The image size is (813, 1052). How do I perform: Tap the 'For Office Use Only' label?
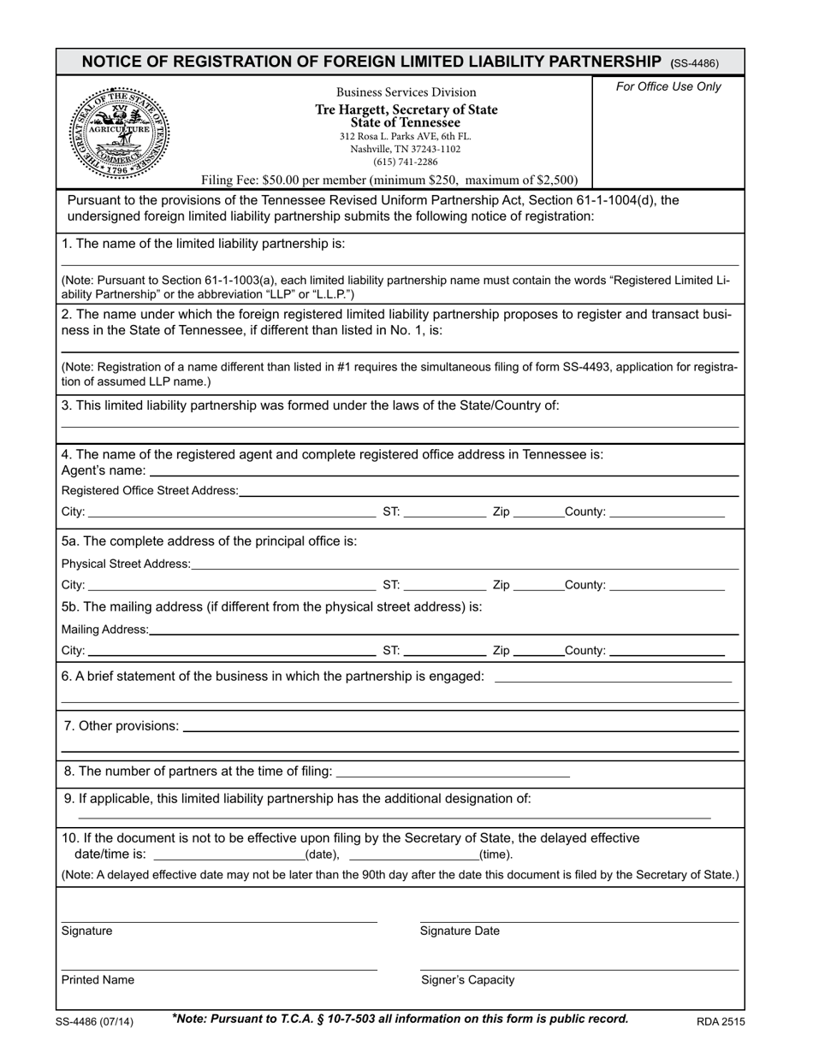coord(668,86)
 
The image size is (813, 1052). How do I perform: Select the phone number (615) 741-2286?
coord(405,162)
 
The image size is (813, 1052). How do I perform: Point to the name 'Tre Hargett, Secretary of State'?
coord(406,109)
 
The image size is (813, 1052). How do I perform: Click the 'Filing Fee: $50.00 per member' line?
coord(389,180)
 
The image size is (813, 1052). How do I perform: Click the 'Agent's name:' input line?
coord(444,471)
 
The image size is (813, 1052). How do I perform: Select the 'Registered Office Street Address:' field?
coord(489,491)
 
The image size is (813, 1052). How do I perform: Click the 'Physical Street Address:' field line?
coord(465,564)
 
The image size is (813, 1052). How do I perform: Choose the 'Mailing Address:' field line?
coord(443,630)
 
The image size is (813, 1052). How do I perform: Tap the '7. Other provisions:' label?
coord(122,726)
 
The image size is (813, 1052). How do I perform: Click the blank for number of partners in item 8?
coord(454,772)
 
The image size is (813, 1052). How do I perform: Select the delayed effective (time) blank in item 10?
coord(414,854)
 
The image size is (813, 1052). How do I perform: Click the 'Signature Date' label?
coord(460,931)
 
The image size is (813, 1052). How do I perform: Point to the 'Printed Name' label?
coord(98,980)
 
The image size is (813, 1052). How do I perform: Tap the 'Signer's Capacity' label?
coord(467,980)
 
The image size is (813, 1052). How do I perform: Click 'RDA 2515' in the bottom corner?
coord(720,1021)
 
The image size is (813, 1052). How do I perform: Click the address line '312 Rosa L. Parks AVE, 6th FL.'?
coord(405,136)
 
